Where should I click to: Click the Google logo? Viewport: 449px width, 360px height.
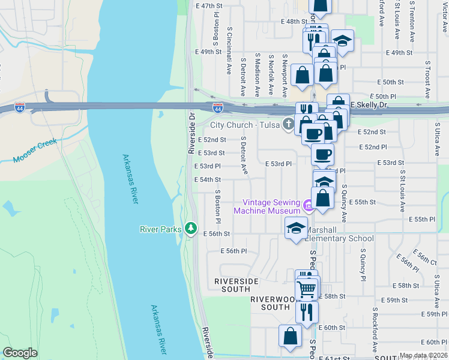coord(20,353)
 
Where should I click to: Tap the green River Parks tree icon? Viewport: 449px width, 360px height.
coord(191,228)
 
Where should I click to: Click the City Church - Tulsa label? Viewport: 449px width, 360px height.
coord(245,125)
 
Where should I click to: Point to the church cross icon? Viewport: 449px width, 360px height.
coord(288,125)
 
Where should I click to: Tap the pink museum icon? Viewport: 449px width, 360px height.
coord(309,206)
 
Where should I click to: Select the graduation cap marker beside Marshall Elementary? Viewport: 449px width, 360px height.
coord(296,228)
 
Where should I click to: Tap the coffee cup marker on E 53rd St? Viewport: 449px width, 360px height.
coord(322,154)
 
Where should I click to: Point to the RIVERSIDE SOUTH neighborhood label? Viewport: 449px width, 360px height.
coord(237,285)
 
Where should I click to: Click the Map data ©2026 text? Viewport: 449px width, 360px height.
coord(423,355)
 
